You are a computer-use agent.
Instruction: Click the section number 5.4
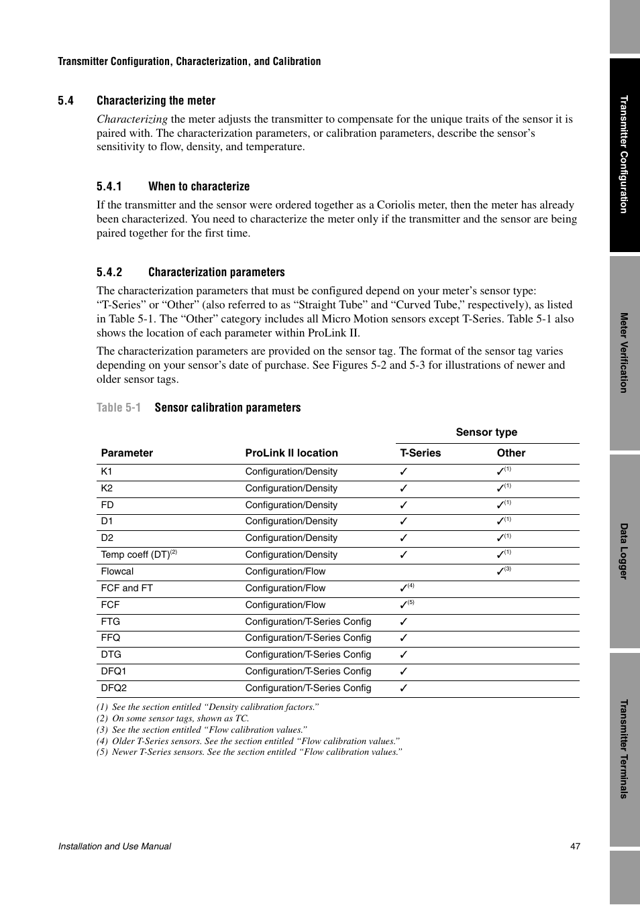click(66, 101)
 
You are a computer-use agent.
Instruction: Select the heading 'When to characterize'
click(199, 186)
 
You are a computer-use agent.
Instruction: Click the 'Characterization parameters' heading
click(216, 272)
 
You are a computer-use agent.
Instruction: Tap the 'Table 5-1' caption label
click(119, 408)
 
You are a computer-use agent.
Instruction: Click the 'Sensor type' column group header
click(486, 432)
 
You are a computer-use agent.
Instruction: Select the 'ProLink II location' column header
click(291, 453)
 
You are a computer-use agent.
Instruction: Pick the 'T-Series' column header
click(420, 453)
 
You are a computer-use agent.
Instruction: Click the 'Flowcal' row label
click(117, 572)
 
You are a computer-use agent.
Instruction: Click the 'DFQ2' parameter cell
click(114, 688)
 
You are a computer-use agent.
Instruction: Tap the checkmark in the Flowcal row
click(500, 572)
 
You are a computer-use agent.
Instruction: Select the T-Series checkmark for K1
click(404, 472)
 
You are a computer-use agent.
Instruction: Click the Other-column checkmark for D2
click(500, 538)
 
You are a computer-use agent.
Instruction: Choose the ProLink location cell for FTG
click(308, 621)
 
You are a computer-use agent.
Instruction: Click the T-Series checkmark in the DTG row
click(404, 655)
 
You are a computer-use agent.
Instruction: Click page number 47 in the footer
click(575, 846)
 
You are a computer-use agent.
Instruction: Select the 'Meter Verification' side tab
click(624, 353)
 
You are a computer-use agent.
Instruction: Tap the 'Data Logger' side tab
click(624, 551)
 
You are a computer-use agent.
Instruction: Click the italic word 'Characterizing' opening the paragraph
click(132, 119)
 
